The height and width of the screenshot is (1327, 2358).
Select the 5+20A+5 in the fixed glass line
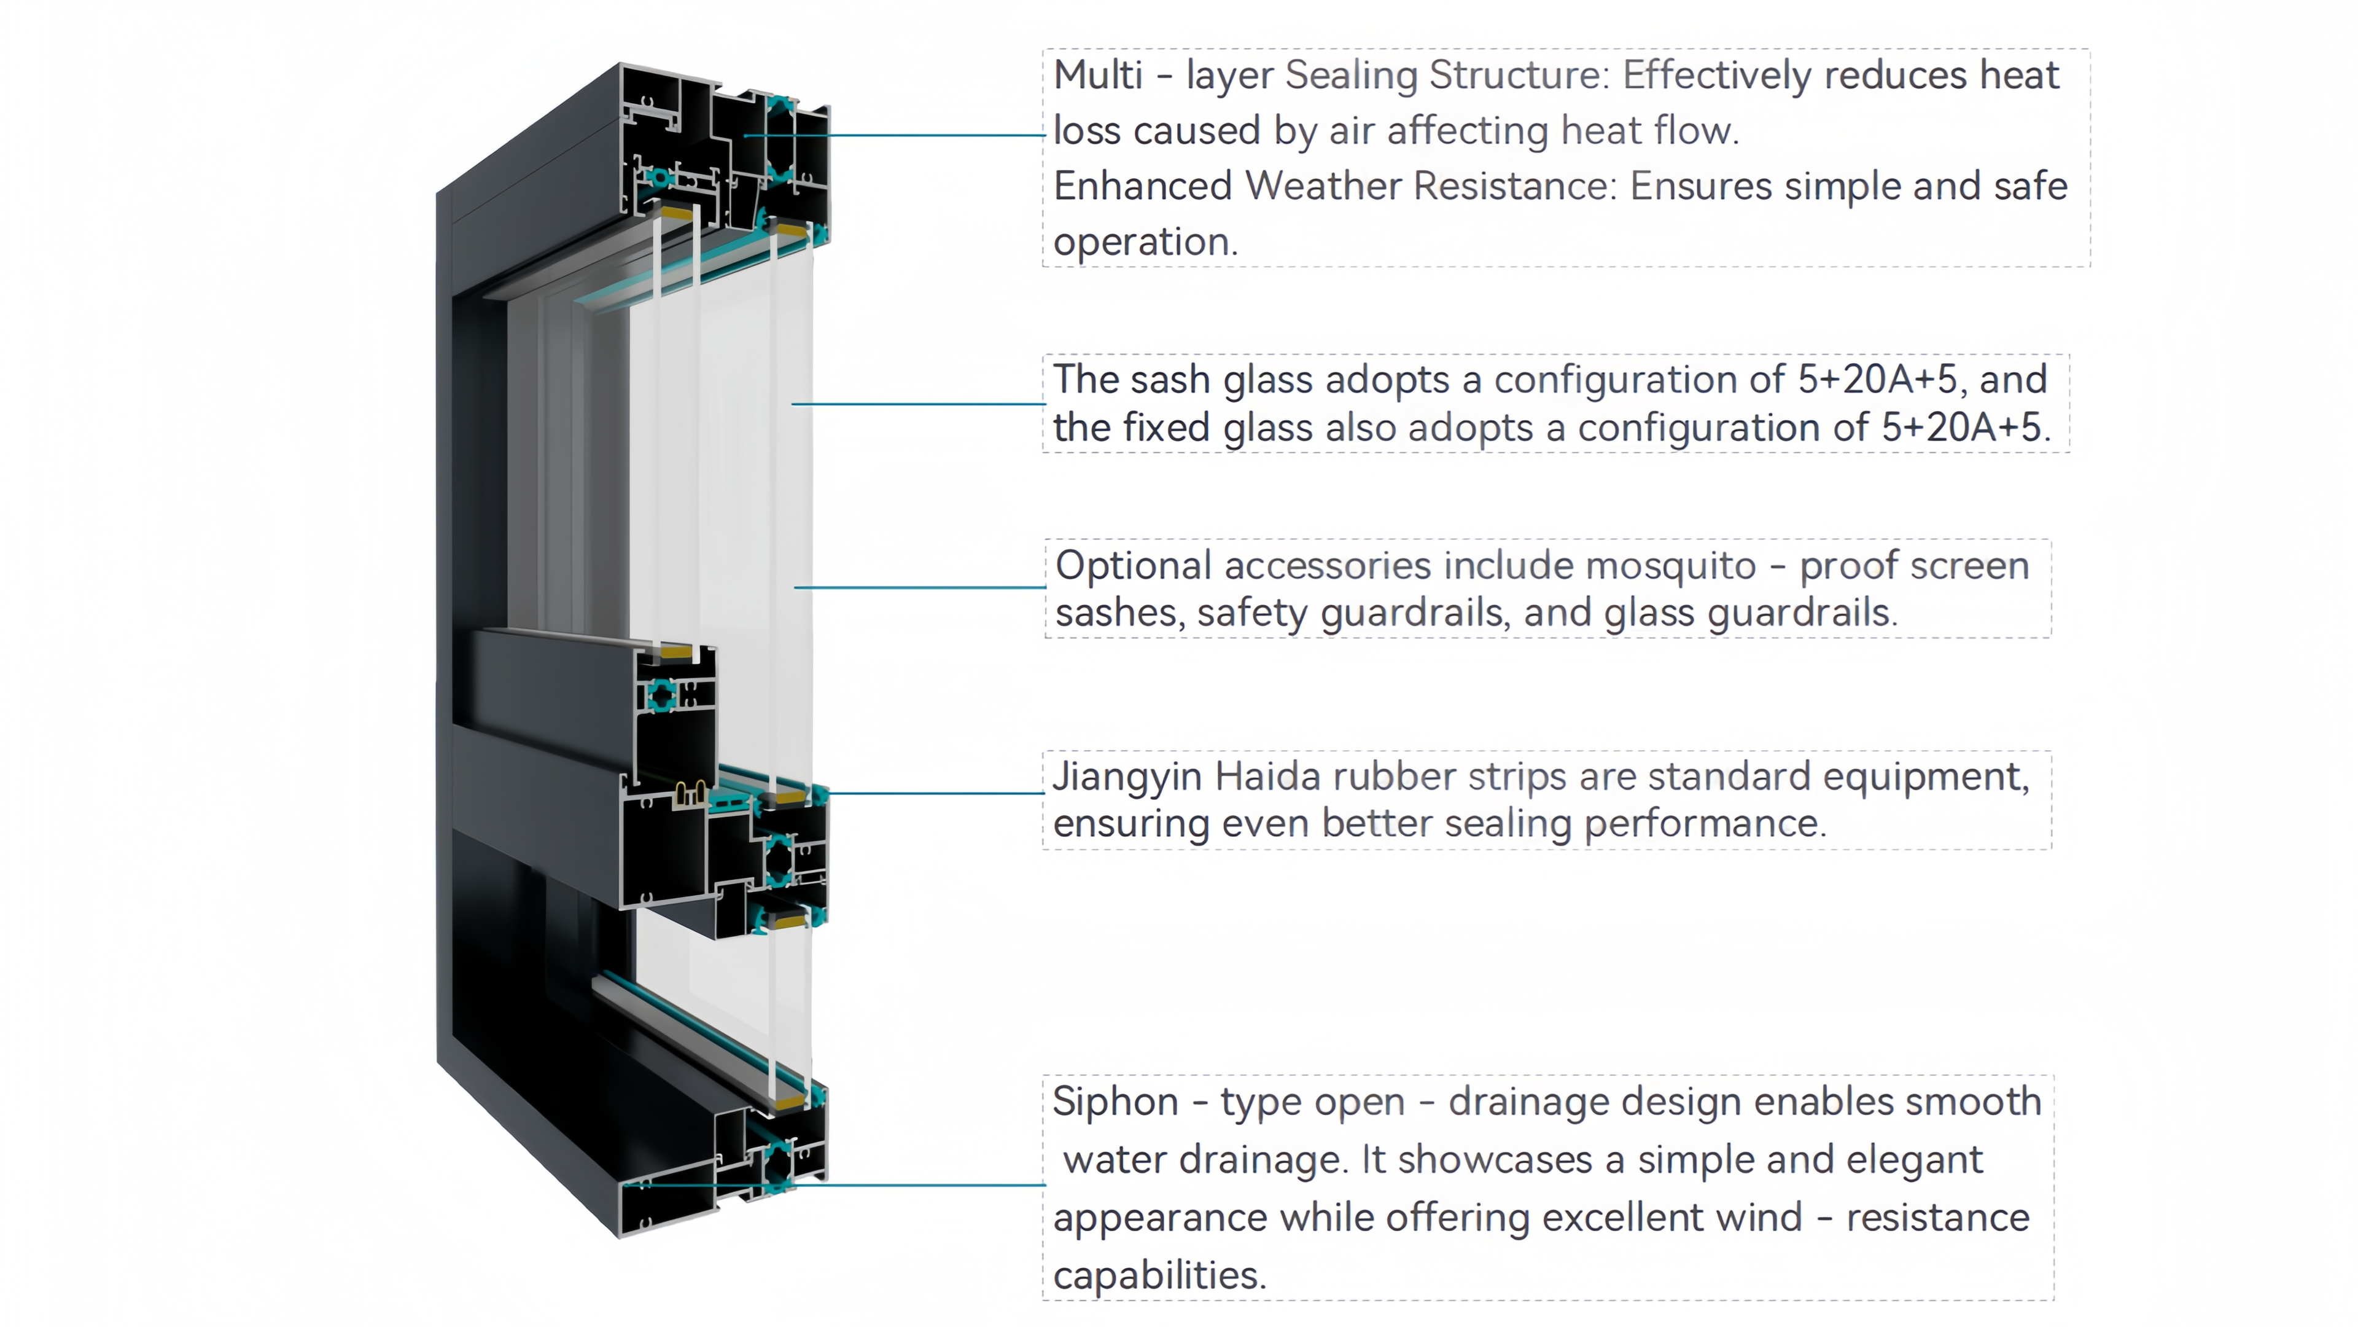click(1961, 428)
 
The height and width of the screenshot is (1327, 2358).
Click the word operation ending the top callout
click(1144, 243)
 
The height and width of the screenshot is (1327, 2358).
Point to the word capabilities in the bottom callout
click(1159, 1275)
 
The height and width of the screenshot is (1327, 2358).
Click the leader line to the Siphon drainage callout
click(916, 1185)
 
